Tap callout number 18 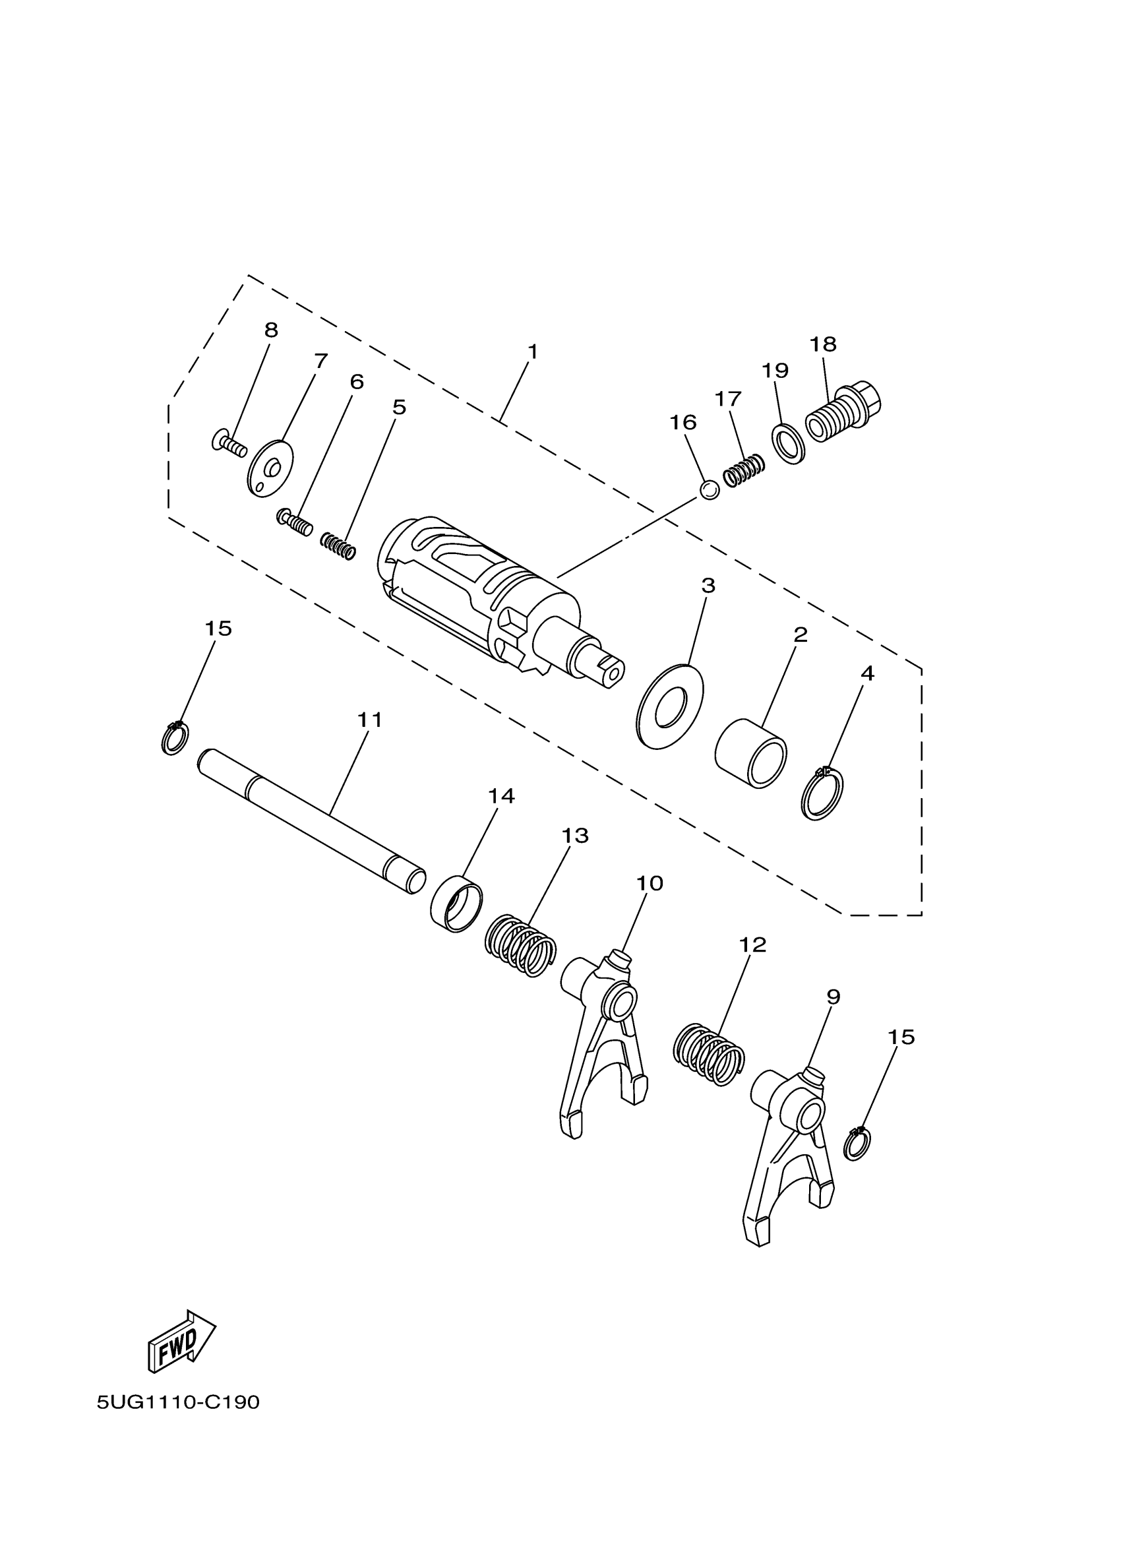coord(823,344)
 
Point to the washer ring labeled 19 coord(789,444)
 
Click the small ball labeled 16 coord(710,489)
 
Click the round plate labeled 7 coord(270,468)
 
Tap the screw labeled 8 coord(229,445)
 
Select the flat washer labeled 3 coord(669,706)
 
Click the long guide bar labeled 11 coord(311,820)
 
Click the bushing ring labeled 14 coord(456,903)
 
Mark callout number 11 coord(370,720)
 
